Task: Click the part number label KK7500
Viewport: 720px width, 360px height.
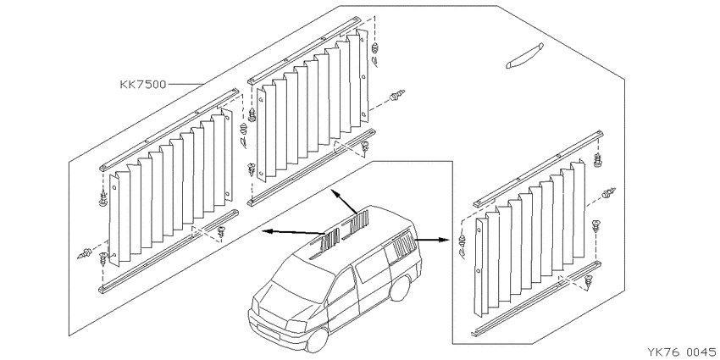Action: point(143,85)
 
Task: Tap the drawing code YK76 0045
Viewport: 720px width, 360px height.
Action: point(682,352)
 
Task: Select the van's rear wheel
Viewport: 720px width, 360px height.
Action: point(399,288)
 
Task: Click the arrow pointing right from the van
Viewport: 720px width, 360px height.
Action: point(432,240)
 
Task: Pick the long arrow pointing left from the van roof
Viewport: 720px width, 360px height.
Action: point(294,232)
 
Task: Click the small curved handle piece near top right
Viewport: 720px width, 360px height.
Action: point(524,56)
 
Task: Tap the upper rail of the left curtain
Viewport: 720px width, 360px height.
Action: point(169,130)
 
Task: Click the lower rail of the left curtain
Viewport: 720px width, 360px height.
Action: point(169,252)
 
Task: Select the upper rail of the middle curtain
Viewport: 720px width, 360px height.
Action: point(305,51)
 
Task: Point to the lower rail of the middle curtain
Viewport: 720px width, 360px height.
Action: point(312,168)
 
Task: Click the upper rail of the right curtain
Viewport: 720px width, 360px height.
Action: point(538,169)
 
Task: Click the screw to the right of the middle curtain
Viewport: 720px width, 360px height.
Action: point(396,96)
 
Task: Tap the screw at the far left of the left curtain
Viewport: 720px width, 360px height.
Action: point(86,253)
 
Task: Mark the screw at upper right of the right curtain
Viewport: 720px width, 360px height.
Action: point(598,160)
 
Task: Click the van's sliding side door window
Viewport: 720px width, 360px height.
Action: point(372,264)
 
